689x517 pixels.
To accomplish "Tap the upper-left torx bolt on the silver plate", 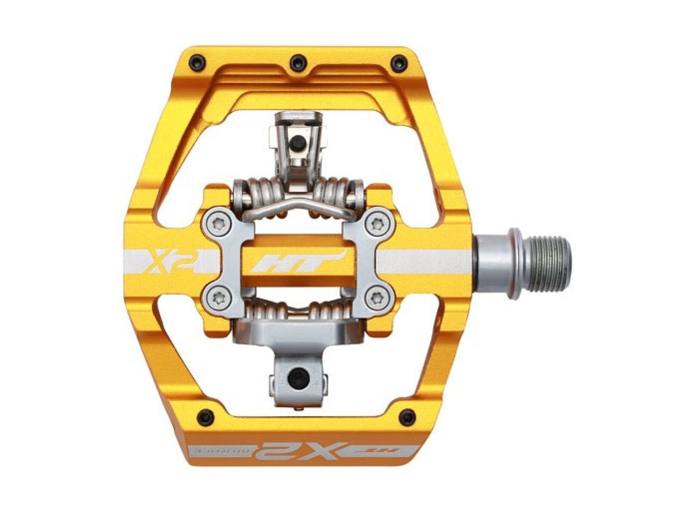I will tap(217, 224).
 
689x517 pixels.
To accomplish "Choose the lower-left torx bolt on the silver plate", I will tap(217, 296).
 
